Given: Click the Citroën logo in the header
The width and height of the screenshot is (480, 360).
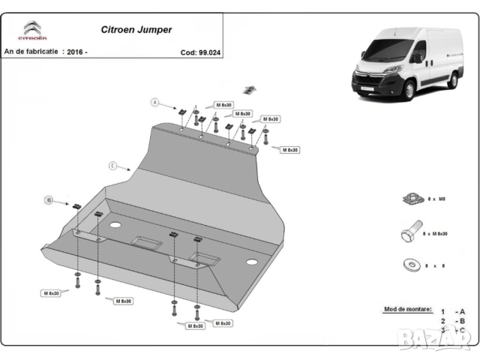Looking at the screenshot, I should pos(32,31).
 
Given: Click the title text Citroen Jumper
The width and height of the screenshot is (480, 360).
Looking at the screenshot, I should pos(136,31).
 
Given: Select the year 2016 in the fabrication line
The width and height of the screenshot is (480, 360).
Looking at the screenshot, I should pos(76,52).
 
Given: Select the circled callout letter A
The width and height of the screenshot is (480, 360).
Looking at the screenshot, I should pos(155,101).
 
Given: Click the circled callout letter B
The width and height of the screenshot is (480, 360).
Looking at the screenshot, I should pos(49,200).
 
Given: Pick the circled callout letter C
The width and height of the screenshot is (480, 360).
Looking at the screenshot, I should pos(112,165).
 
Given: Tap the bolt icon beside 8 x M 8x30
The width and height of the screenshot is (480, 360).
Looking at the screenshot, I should pos(409,234).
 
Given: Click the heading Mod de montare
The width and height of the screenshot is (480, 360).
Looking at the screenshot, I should pos(408,308).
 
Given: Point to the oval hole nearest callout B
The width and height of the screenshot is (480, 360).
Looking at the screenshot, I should pos(116,224).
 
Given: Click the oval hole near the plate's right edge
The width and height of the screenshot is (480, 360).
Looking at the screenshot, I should pos(253,262).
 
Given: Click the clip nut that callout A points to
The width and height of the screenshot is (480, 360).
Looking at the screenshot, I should pos(183,111).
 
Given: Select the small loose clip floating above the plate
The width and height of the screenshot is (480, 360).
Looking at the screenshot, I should pos(253,88).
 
